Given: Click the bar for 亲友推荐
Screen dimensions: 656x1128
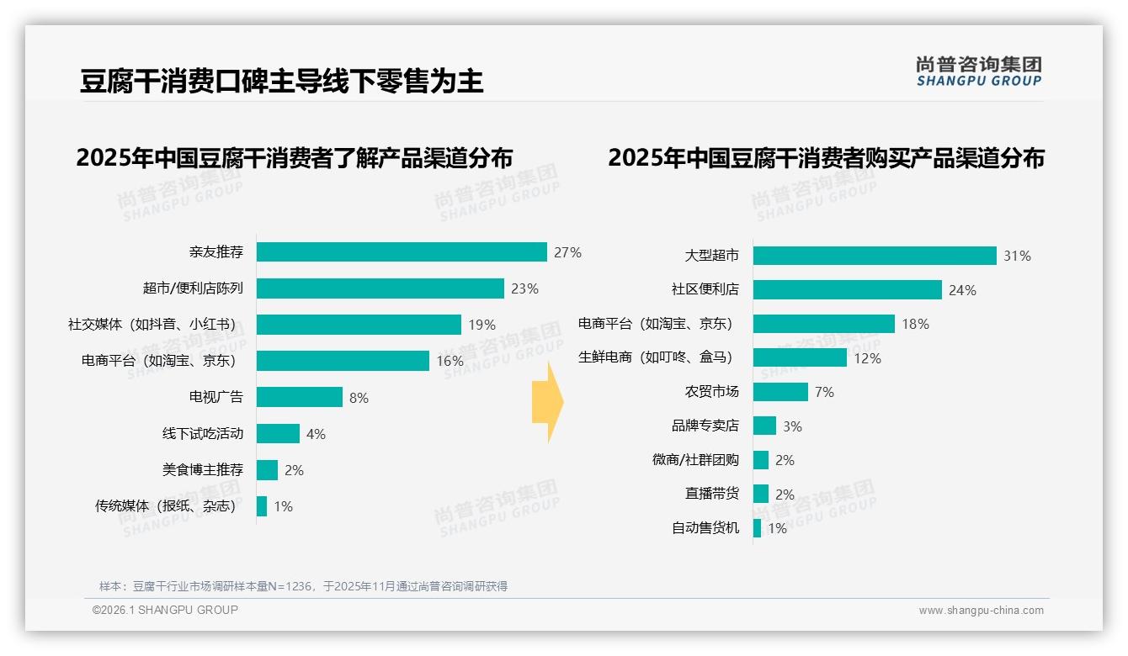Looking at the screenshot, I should tap(402, 252).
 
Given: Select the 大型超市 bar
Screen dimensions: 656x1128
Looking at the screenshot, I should tap(875, 256).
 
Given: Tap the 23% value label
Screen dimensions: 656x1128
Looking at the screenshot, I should tap(524, 288).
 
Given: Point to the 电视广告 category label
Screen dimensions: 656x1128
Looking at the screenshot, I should tap(215, 397).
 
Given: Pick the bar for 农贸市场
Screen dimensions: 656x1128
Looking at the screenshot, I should tap(780, 392).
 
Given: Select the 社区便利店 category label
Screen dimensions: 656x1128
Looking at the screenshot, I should tap(705, 289).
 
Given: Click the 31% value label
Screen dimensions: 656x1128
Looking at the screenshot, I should tap(1017, 256).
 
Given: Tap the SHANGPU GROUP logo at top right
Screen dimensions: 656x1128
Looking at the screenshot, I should tap(978, 71).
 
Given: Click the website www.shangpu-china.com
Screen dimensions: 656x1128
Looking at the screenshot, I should tap(981, 611).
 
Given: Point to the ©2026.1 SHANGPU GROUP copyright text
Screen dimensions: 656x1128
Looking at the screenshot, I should tap(165, 610).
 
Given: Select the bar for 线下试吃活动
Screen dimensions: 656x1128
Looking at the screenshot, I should tap(278, 433).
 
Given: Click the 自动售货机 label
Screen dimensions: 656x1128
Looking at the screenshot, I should tap(705, 528).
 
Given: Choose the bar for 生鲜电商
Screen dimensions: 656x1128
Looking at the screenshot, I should tap(800, 357).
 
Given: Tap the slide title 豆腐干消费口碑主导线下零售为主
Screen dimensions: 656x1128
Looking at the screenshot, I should tap(282, 82).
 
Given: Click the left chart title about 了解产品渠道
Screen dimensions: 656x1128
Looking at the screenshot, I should tap(294, 158).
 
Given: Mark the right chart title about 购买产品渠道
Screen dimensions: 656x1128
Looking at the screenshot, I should tap(826, 158).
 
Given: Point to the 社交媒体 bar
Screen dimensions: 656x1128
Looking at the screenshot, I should tap(359, 325).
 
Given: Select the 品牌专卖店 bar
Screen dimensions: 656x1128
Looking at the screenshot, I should tap(764, 426).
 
